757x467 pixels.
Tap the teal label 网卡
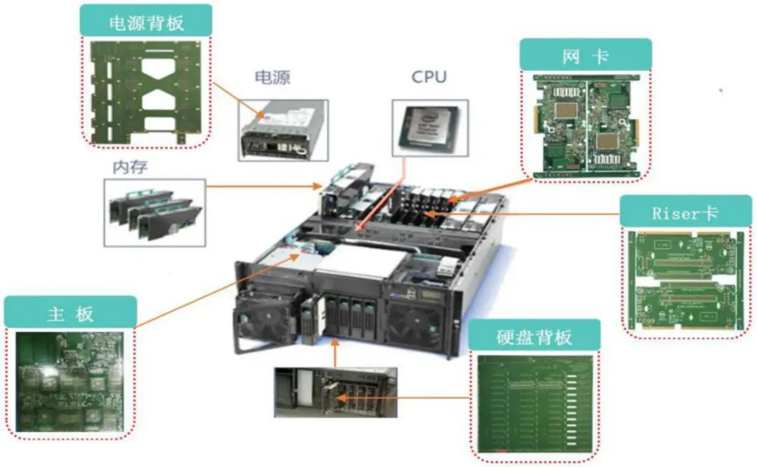click(x=586, y=55)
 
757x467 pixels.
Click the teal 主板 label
click(x=70, y=312)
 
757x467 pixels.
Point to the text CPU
click(x=429, y=76)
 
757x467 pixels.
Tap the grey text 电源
click(x=273, y=76)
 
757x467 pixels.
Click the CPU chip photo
click(x=430, y=128)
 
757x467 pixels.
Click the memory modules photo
click(x=154, y=213)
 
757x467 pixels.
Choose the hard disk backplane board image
click(x=535, y=404)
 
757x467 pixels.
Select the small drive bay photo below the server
click(x=336, y=392)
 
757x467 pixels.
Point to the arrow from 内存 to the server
click(x=260, y=186)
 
